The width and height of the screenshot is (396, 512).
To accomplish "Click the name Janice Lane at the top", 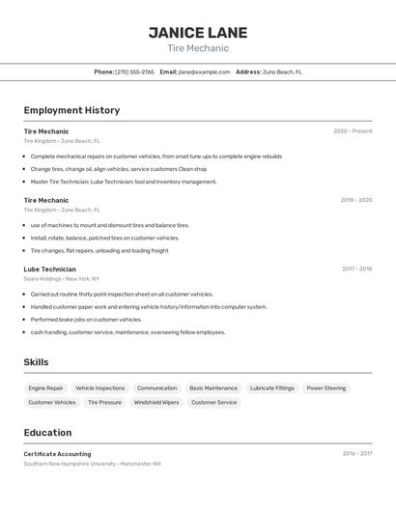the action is pos(198,33).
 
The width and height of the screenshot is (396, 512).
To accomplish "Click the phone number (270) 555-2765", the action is pos(134,71).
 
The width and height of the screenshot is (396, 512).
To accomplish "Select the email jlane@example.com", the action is pos(197,71).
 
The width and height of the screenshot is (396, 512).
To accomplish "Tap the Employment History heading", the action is pos(71,110).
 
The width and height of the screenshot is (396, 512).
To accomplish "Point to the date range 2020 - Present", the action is pos(353,131).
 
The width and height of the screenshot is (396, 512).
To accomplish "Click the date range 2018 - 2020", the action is pos(355,200).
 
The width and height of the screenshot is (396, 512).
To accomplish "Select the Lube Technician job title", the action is pos(50,270).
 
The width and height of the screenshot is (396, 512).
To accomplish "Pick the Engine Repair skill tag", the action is pos(45,388).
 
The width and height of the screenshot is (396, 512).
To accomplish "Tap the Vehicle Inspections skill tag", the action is pos(100,388).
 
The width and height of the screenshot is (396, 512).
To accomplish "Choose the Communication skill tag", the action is pos(156,388).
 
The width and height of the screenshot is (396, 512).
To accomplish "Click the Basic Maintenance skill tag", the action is pos(213,388).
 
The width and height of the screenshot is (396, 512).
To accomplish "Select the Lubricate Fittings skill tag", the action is pos(272,388).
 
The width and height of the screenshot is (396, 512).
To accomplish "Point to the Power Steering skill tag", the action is pos(326,388).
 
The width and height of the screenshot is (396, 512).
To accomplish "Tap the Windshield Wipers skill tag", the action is pos(156,402).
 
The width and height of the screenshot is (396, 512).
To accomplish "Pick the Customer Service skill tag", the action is pos(213,402).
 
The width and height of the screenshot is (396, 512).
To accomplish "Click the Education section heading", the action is pos(48,433).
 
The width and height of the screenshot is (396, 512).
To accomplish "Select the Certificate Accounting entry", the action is pos(57,454).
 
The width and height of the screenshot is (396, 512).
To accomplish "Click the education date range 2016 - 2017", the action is pos(356,453).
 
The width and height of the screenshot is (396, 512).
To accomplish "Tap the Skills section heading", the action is pos(36,362).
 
